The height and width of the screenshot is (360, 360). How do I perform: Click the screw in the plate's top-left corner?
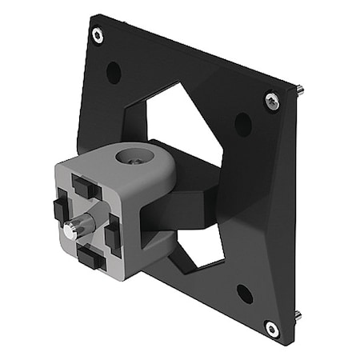98,35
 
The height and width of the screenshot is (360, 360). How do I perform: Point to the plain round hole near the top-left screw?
114,73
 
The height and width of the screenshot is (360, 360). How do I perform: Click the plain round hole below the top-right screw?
242,124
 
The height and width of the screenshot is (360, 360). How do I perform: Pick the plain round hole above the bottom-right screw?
245,294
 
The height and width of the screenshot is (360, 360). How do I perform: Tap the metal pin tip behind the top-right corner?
298,90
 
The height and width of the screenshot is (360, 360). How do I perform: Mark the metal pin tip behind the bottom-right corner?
298,314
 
